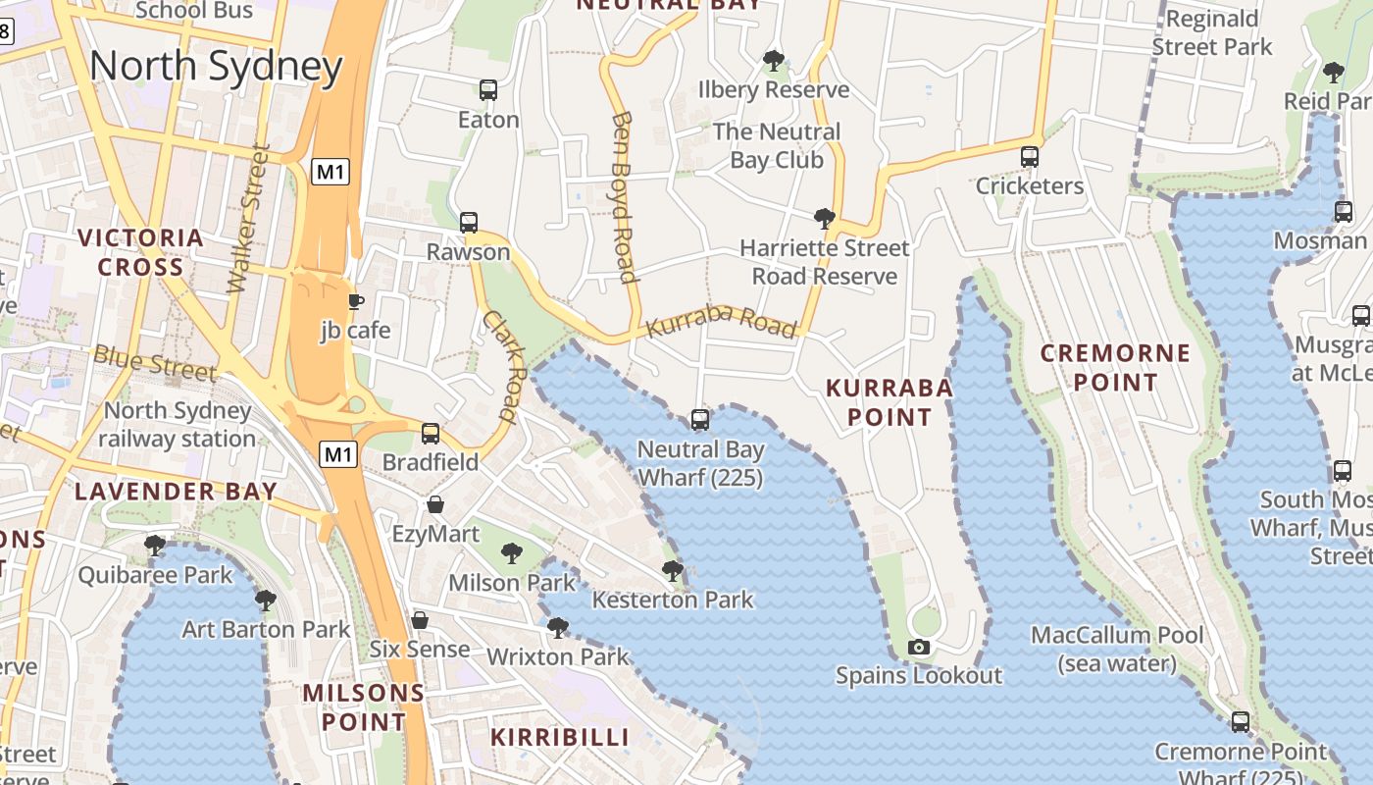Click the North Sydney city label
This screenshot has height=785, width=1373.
(216, 67)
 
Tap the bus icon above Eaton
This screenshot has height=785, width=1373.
(488, 90)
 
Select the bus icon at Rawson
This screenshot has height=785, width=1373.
(469, 223)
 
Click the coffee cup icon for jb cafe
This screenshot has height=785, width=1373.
(356, 301)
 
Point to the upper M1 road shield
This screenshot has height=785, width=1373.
(331, 173)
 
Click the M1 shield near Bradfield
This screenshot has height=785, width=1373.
(338, 454)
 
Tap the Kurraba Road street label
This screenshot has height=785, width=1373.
(722, 324)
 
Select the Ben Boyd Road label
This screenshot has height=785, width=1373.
(625, 196)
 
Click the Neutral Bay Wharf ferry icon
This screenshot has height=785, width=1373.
(700, 420)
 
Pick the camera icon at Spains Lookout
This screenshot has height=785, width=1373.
(919, 647)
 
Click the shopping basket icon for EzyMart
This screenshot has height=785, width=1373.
(435, 504)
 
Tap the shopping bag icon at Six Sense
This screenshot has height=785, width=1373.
(420, 620)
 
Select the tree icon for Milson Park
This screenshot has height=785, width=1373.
(511, 553)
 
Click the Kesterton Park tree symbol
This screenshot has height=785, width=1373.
(672, 570)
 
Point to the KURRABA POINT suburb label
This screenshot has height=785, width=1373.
(889, 402)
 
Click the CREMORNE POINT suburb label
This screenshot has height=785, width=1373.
(1115, 367)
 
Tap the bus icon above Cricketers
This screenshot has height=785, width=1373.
(1030, 157)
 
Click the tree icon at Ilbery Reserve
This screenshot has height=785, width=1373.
(774, 61)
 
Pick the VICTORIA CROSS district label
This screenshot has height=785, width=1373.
(140, 252)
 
